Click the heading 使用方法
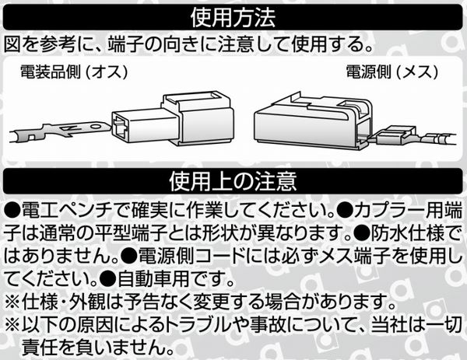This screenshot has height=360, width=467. [x=233, y=18]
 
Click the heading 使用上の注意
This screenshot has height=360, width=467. [x=233, y=181]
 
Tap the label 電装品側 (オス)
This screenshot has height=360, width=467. [x=74, y=72]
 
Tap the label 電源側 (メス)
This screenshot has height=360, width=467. [x=392, y=72]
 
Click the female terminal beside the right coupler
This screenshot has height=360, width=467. [x=414, y=137]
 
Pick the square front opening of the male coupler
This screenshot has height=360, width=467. [x=121, y=128]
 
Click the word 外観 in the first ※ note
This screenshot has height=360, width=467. [x=87, y=302]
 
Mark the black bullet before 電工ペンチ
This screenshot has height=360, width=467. [x=12, y=211]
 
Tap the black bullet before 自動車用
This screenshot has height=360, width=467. [x=108, y=279]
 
